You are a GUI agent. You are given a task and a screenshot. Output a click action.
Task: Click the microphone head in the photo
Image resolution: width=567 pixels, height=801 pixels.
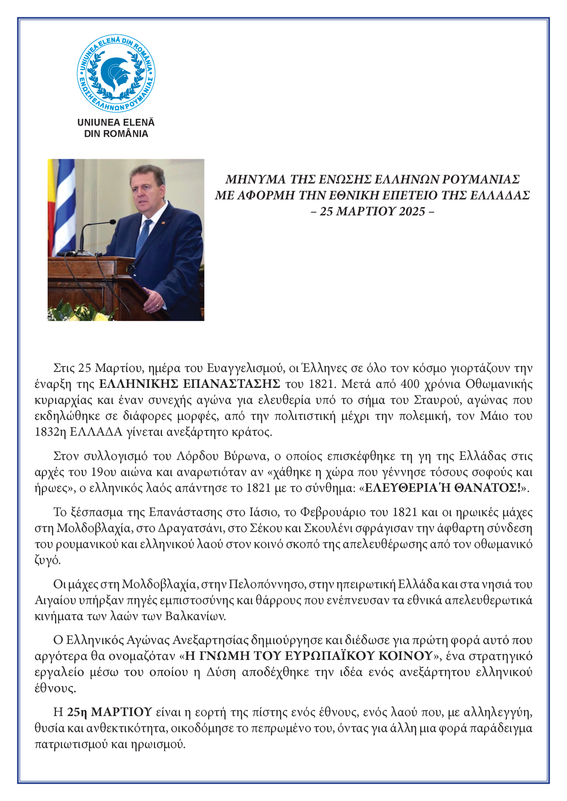click(112, 222)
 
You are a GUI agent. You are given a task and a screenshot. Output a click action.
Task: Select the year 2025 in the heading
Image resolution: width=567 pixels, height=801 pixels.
click(412, 211)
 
